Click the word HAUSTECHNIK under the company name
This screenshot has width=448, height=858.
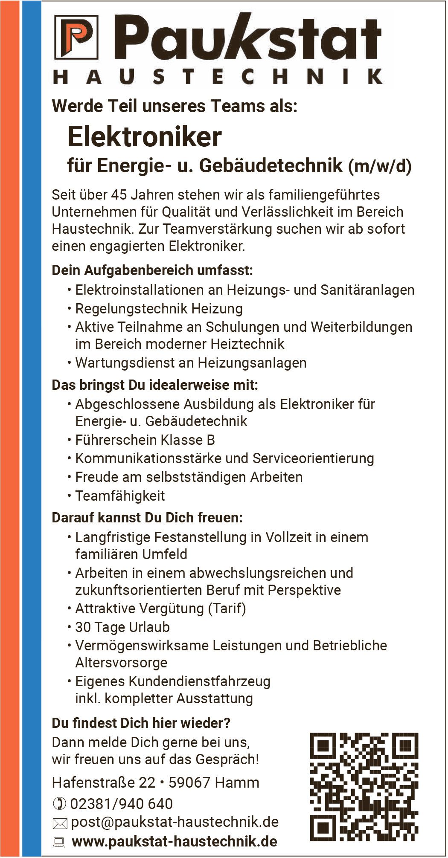[x=218, y=77]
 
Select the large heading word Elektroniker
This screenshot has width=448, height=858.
[x=145, y=137]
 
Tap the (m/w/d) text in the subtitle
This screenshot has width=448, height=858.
[x=380, y=166]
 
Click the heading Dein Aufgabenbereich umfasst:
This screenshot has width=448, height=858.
[x=152, y=270]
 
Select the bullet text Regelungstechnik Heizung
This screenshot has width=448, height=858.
[x=159, y=308]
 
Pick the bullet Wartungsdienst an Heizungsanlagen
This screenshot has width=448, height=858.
[x=191, y=363]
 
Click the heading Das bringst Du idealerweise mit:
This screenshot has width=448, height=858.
[x=155, y=386]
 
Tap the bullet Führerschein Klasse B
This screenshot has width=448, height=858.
[x=145, y=440]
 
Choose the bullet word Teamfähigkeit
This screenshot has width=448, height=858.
[x=120, y=496]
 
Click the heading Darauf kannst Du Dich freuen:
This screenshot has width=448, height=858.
[x=147, y=518]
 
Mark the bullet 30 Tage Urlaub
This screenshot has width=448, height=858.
[x=122, y=627]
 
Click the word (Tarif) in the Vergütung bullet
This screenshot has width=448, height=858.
[x=227, y=609]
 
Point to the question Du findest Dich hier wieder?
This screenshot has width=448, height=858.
[x=141, y=723]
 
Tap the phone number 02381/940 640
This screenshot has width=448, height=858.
[x=121, y=804]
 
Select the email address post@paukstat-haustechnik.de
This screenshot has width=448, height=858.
[x=175, y=822]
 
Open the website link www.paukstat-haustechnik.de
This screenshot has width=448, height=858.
[x=175, y=841]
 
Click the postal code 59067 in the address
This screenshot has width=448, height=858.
[x=189, y=783]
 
